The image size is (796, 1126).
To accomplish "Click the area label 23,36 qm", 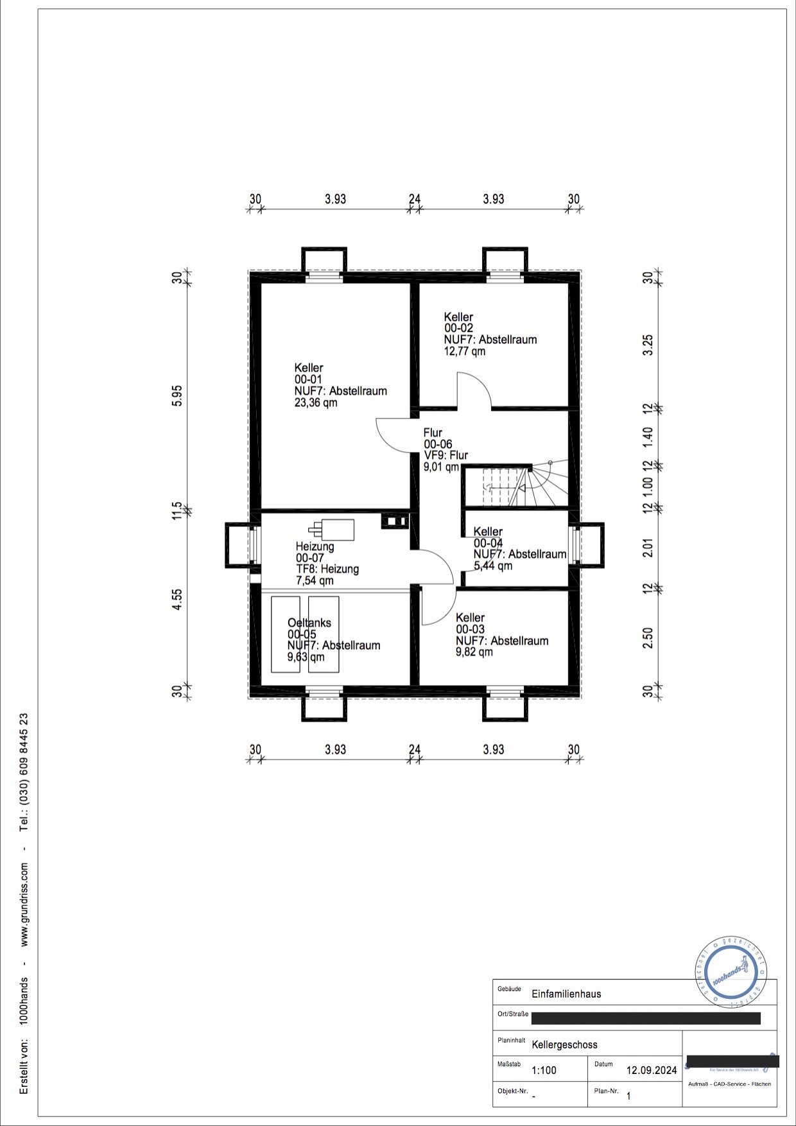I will click(316, 403).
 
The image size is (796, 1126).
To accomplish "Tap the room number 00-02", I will click(458, 328).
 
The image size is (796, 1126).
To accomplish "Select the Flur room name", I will click(433, 433).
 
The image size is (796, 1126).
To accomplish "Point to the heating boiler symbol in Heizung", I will click(333, 530).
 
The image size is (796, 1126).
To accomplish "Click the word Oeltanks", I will click(309, 623).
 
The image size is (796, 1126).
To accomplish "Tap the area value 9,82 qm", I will click(474, 652).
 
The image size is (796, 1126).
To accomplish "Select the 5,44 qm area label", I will click(493, 566).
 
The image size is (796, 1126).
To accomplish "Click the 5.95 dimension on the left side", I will click(178, 395).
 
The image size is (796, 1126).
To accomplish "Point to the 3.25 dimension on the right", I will click(648, 345).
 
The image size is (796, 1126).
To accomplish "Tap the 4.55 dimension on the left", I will click(178, 599).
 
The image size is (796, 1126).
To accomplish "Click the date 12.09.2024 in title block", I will click(652, 1070).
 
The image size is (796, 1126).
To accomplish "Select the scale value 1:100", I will click(544, 1070).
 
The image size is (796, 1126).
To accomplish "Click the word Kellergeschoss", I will click(565, 1044).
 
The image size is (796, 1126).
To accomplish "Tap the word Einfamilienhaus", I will click(566, 994).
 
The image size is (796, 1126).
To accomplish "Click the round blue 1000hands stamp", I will click(731, 976).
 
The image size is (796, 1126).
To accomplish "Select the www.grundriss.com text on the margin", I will click(24, 904).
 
